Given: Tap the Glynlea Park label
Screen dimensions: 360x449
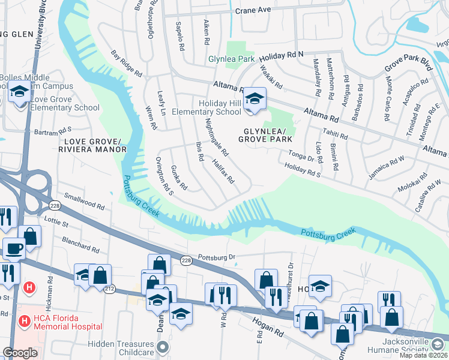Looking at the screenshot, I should pyautogui.click(x=231, y=59).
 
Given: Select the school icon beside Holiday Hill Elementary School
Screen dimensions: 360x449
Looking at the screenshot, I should pyautogui.click(x=255, y=100).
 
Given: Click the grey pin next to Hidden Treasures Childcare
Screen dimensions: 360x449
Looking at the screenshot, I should pyautogui.click(x=162, y=347).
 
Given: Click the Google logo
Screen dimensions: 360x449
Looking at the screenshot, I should pyautogui.click(x=20, y=353).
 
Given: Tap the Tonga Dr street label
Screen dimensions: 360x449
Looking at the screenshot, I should pyautogui.click(x=301, y=156).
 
